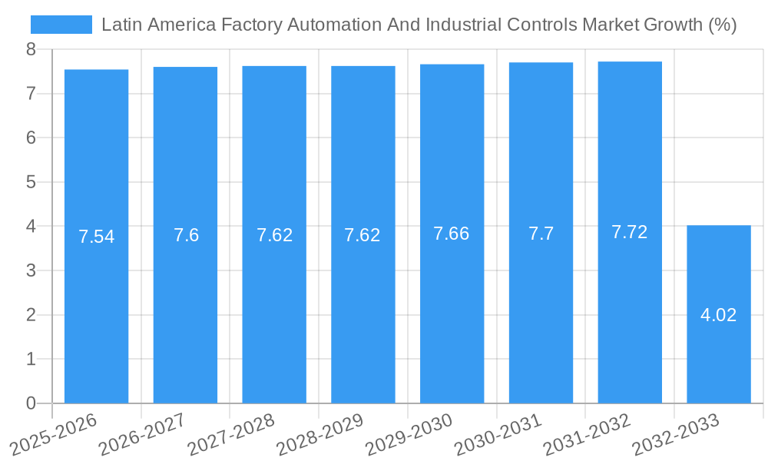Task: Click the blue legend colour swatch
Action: tap(61, 25)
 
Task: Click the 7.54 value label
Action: tap(96, 237)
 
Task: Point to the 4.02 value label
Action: tap(718, 315)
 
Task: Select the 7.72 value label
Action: tap(629, 232)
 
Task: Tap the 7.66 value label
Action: tap(452, 234)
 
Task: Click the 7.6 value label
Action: tap(186, 235)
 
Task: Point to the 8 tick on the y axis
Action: tap(31, 49)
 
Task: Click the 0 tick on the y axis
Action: tap(31, 403)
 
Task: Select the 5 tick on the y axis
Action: tap(31, 182)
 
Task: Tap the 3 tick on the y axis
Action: tap(31, 270)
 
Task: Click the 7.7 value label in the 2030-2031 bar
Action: tap(541, 234)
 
